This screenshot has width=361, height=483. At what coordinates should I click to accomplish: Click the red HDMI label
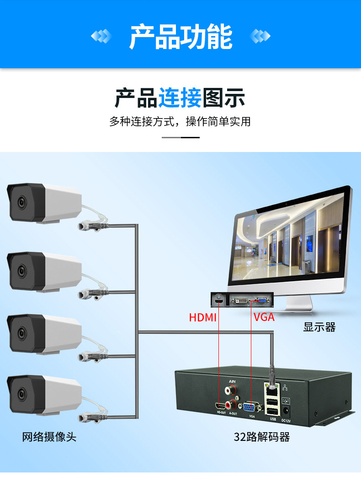(x=202, y=317)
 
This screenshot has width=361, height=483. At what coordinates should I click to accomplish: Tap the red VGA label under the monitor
(x=264, y=316)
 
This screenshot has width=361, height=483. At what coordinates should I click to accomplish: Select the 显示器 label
(x=319, y=327)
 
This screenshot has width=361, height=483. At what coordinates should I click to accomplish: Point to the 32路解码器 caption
(x=262, y=437)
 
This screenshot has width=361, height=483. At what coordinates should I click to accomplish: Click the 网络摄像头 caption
(x=49, y=437)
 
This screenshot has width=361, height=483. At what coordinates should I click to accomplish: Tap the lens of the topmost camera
(x=21, y=202)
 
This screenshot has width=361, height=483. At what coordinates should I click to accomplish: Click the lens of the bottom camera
(x=21, y=393)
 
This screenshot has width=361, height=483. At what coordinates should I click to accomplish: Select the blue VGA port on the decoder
(x=251, y=407)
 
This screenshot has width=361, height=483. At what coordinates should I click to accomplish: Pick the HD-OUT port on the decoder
(x=221, y=407)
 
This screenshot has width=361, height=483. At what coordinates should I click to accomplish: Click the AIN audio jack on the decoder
(x=228, y=391)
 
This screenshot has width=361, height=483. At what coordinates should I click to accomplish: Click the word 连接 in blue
(x=180, y=98)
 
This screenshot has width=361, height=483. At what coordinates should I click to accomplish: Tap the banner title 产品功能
(x=180, y=38)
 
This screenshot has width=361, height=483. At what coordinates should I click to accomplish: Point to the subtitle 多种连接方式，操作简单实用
(x=180, y=121)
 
